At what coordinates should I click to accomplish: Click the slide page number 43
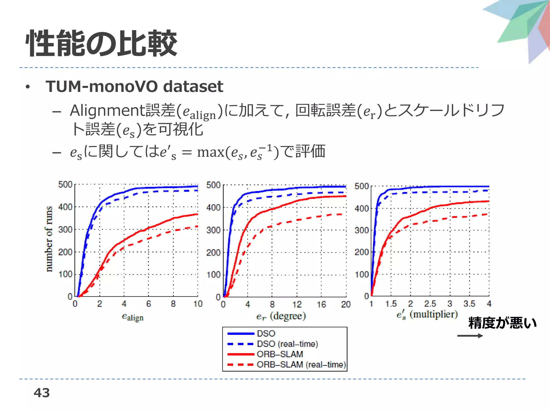click(x=42, y=393)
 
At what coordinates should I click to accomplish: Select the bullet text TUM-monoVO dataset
click(x=134, y=86)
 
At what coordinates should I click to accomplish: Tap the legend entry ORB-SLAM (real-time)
click(x=301, y=365)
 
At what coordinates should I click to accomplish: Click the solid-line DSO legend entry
click(x=266, y=333)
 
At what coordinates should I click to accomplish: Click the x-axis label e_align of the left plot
click(x=133, y=317)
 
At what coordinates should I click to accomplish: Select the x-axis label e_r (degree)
click(x=281, y=316)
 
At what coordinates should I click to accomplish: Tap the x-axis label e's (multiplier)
click(x=427, y=314)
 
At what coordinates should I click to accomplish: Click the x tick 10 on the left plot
click(x=198, y=304)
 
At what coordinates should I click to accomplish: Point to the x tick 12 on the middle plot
click(x=297, y=304)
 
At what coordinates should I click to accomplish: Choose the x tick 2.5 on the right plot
click(x=430, y=304)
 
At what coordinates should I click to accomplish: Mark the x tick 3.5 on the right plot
click(x=469, y=304)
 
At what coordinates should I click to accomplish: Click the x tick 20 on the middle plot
click(x=346, y=304)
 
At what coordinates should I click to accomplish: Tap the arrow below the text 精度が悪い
click(x=470, y=336)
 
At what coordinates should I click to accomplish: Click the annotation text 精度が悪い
click(x=502, y=323)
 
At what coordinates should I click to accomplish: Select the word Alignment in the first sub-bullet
click(x=107, y=111)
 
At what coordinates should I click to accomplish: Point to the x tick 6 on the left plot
click(x=149, y=304)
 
